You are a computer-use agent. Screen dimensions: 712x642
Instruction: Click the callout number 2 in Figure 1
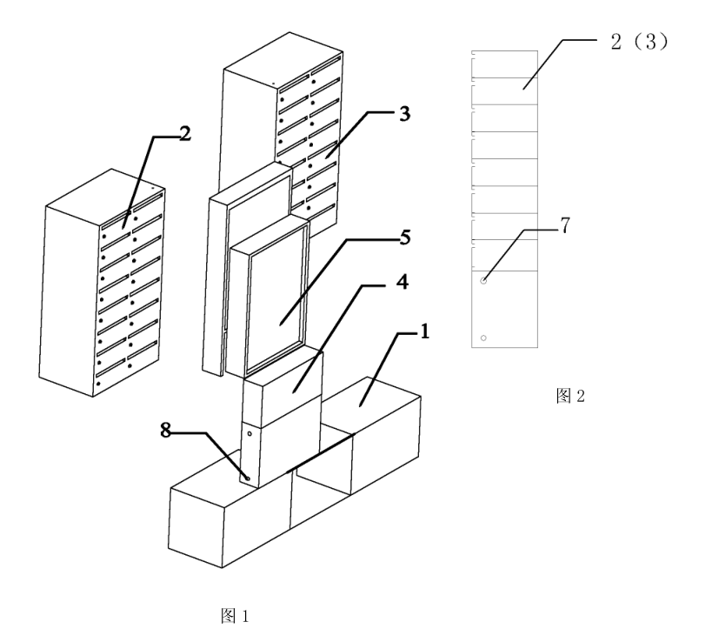tap(185, 134)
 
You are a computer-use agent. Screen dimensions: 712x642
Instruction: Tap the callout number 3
tap(404, 114)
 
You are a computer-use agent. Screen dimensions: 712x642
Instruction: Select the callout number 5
tap(405, 237)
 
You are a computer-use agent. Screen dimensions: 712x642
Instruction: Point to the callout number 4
tap(403, 283)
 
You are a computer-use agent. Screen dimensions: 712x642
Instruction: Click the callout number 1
tap(425, 331)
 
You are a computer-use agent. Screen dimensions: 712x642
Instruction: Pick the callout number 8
tap(166, 430)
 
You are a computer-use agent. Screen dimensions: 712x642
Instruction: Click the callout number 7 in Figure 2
tap(564, 226)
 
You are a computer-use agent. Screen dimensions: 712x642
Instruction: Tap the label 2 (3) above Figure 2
tap(639, 42)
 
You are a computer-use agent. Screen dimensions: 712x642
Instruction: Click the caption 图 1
tap(235, 616)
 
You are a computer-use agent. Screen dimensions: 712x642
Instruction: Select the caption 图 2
tap(570, 396)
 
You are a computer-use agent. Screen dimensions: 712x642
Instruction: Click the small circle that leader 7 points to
tap(483, 281)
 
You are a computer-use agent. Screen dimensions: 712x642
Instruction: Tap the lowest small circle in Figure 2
tap(483, 338)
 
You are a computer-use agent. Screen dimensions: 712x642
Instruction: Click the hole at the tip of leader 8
tap(248, 478)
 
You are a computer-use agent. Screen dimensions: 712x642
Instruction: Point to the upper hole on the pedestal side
tap(250, 434)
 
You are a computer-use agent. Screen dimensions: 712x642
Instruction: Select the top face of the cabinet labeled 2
tap(105, 197)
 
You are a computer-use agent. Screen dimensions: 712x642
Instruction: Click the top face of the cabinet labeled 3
tap(283, 60)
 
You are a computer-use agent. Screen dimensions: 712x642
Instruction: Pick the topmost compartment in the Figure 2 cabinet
tap(504, 64)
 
